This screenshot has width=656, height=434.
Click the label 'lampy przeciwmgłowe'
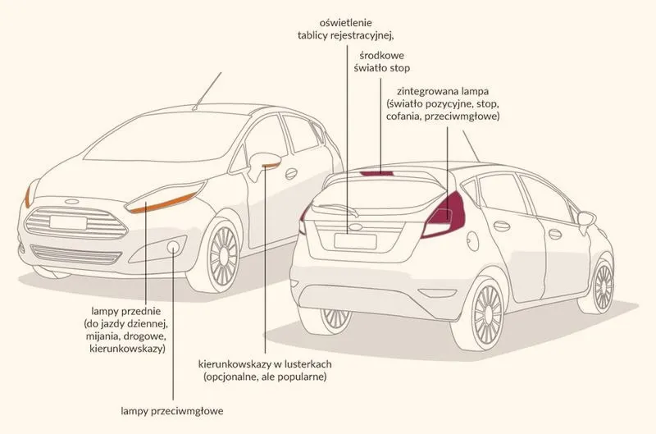point(172,411)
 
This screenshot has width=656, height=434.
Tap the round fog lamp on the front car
point(173,247)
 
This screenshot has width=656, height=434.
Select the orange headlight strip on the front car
point(162,203)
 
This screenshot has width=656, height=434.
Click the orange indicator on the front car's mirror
point(271,166)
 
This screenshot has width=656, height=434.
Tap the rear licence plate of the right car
point(355,241)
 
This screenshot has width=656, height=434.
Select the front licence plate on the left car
point(68,222)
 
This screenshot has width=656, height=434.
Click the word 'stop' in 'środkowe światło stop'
point(399,68)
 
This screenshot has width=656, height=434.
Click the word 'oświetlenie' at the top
point(345,22)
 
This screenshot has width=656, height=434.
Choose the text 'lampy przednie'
point(126,311)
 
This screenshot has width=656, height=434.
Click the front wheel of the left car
point(221,255)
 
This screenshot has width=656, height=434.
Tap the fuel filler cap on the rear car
point(473,240)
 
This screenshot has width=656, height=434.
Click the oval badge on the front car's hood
point(72,202)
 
